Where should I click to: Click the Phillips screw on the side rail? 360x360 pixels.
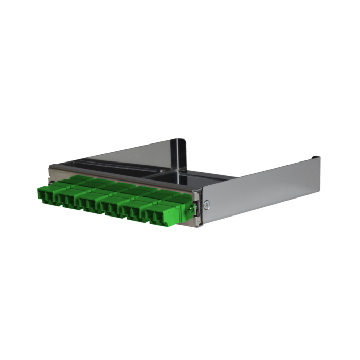206,204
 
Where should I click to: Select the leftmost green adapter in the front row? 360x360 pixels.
47,194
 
